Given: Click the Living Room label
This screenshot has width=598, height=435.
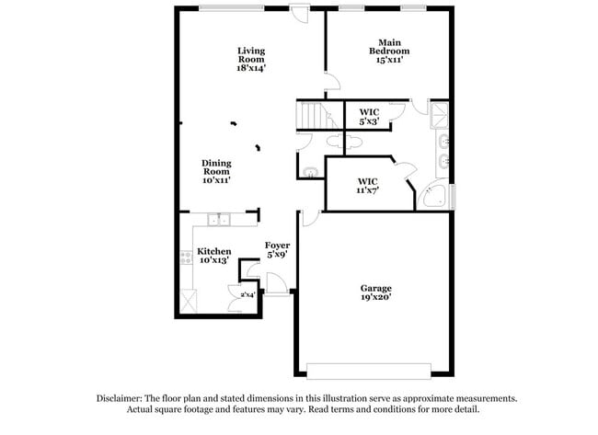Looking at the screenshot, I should (x=251, y=59).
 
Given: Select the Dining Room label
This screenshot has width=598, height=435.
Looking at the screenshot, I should (x=217, y=172).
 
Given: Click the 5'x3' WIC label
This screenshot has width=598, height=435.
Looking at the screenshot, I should (x=368, y=117).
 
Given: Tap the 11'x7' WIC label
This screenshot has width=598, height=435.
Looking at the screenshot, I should (x=367, y=186).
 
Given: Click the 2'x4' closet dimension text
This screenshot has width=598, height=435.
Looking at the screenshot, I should (x=247, y=295).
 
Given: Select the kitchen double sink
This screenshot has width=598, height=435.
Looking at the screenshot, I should (x=219, y=219).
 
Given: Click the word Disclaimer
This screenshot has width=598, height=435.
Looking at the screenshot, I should (x=122, y=398).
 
